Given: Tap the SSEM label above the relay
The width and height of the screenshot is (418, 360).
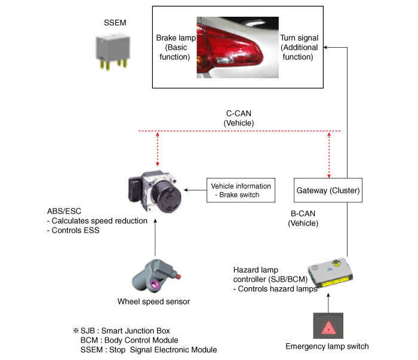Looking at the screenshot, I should [x=115, y=24].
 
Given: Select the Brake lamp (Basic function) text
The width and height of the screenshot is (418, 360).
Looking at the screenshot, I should [x=173, y=47].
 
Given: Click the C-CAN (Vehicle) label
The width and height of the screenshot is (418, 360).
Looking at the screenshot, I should [x=239, y=118].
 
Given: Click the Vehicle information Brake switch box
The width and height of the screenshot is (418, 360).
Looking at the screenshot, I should [x=241, y=190].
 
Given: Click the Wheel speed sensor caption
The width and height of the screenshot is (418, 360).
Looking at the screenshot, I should [x=154, y=301].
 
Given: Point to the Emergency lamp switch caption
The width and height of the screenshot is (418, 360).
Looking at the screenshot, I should [x=327, y=346].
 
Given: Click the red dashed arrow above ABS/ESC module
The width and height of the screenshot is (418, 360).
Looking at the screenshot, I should [x=158, y=149].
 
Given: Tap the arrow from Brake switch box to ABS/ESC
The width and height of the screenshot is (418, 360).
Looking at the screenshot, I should [x=195, y=190].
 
